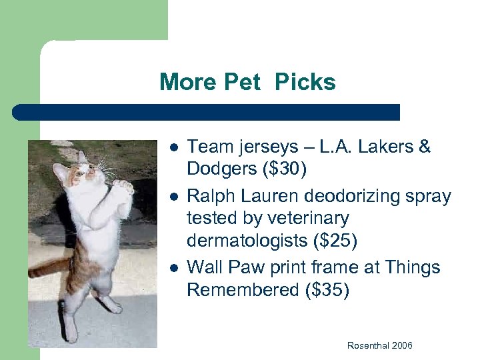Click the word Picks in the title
tap(305, 83)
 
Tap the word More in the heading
tap(189, 83)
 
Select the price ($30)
tap(285, 169)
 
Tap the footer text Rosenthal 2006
tap(379, 345)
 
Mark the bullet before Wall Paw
tap(172, 268)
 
